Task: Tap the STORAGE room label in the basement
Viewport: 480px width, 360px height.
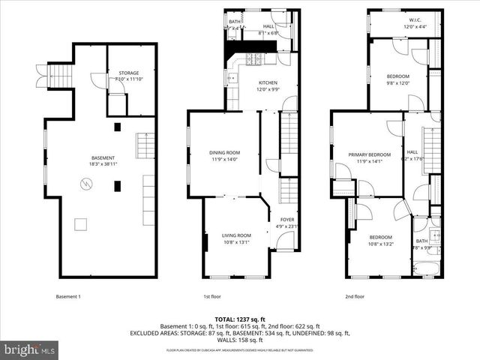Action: [x=128, y=73]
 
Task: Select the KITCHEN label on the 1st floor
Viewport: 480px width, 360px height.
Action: [x=268, y=82]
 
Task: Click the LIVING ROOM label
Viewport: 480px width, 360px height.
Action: [x=235, y=235]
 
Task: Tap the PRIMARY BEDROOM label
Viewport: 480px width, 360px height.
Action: [x=365, y=154]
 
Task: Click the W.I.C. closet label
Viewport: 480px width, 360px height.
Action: [x=398, y=21]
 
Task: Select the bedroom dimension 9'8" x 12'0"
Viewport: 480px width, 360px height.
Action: [x=398, y=83]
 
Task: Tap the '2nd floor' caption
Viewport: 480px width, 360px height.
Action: [x=355, y=296]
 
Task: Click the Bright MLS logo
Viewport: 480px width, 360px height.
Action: [x=30, y=349]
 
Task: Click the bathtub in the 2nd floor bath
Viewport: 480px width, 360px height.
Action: [x=421, y=268]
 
